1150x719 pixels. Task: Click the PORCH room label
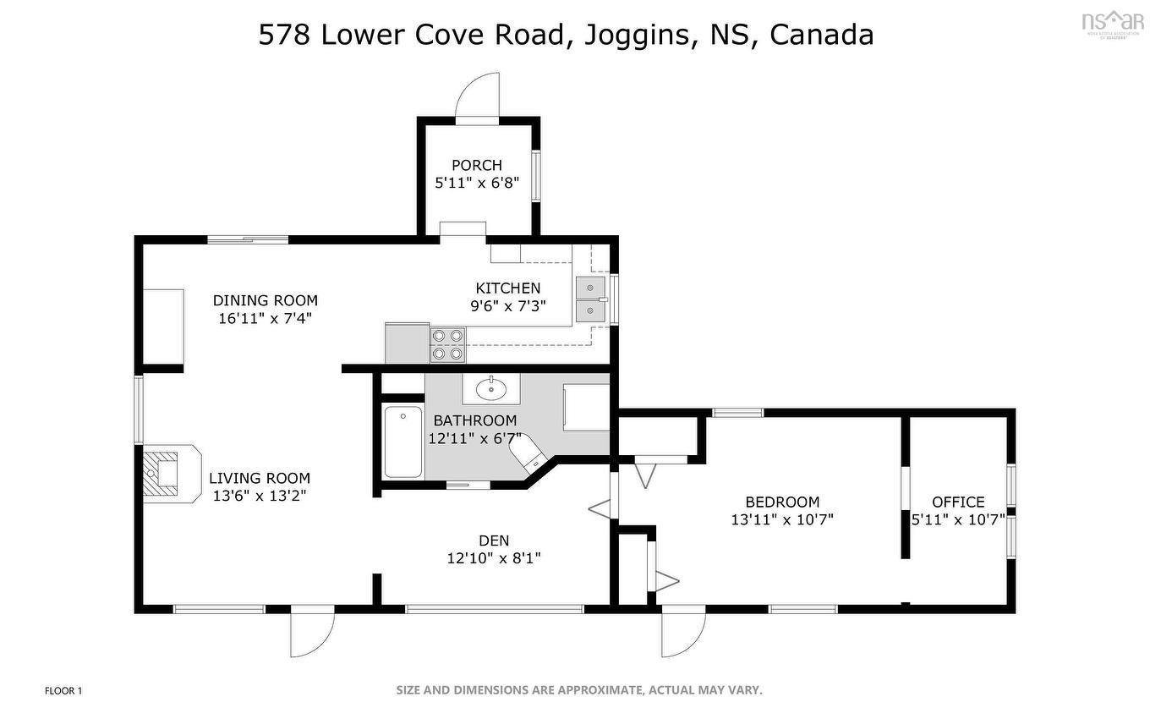click(x=476, y=165)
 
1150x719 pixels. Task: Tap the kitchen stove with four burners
click(x=447, y=344)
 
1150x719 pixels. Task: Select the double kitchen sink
click(x=590, y=299)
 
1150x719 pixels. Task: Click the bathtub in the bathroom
click(x=402, y=442)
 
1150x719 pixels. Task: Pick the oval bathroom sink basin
click(x=490, y=389)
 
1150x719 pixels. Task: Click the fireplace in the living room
click(x=162, y=473)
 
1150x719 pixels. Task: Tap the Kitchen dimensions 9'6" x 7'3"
click(x=507, y=306)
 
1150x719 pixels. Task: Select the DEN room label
click(x=494, y=541)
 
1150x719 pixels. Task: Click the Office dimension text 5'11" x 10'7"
click(x=957, y=519)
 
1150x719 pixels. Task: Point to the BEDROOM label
click(x=782, y=502)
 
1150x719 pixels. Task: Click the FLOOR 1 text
click(x=63, y=691)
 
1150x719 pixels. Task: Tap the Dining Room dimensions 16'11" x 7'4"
click(x=265, y=318)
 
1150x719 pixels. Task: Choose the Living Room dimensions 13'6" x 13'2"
click(x=259, y=496)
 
